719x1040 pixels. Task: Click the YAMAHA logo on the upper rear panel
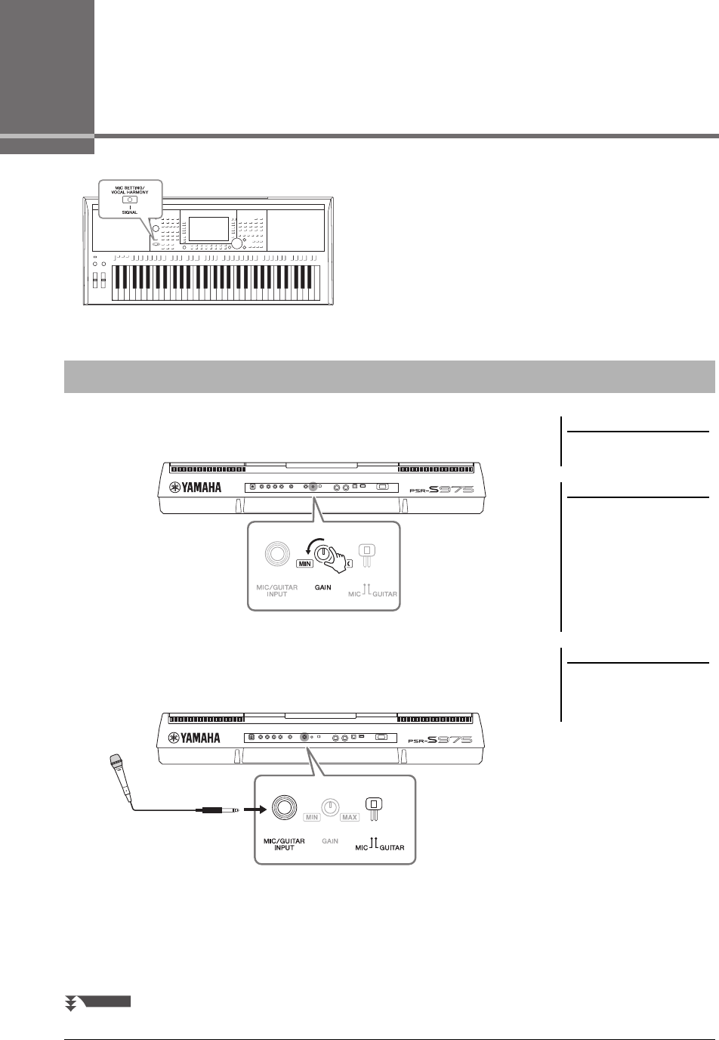point(195,487)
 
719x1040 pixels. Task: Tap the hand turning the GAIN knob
point(332,558)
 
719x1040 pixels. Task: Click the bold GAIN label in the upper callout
point(323,587)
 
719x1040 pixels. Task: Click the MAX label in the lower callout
point(349,818)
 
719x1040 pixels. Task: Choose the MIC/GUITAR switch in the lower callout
point(374,809)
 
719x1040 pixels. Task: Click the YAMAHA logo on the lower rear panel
point(195,737)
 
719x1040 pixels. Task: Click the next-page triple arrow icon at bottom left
point(72,1003)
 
